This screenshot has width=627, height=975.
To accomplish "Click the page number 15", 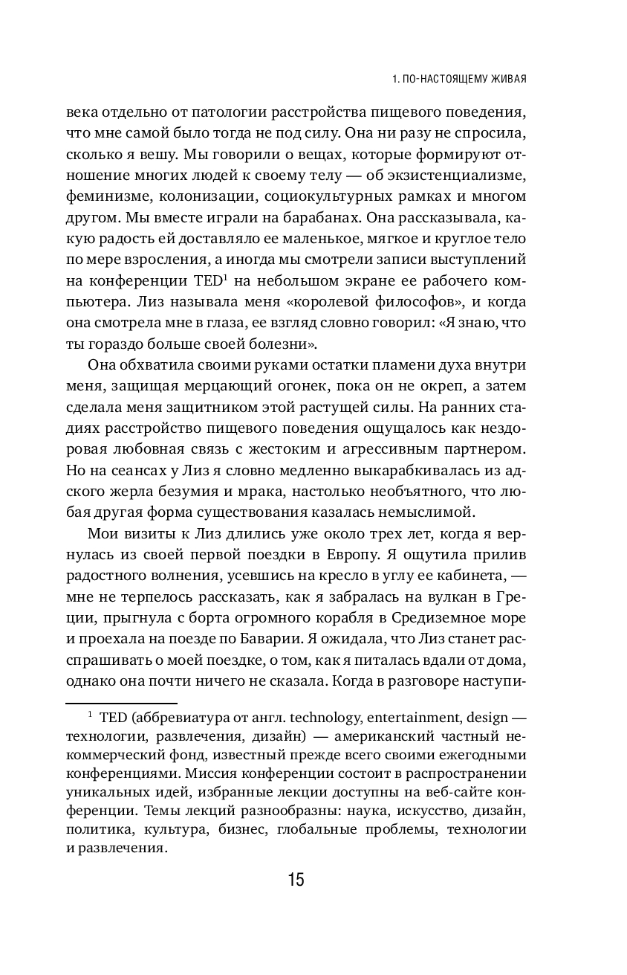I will pos(295,880).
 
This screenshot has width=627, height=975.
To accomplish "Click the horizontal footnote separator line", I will pos(121,703).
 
